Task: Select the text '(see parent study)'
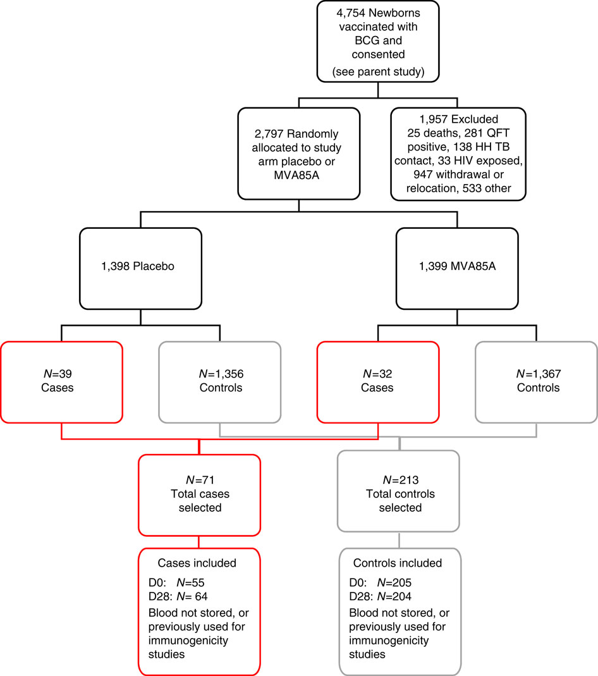(377, 72)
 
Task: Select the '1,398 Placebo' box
(140, 266)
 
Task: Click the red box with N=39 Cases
(61, 381)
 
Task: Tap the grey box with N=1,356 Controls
(220, 381)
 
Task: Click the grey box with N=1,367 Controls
(537, 381)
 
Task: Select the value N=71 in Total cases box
(199, 480)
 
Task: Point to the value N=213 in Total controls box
(399, 480)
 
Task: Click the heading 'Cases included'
(198, 563)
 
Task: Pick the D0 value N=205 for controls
(394, 582)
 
